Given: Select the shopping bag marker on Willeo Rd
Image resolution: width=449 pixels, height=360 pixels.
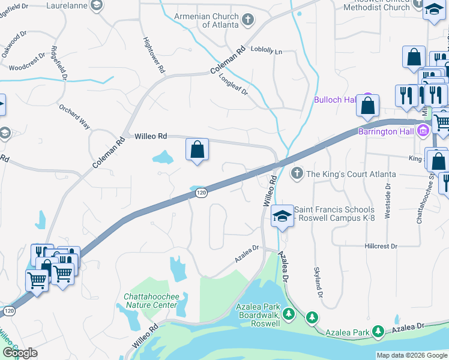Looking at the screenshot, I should pyautogui.click(x=197, y=150).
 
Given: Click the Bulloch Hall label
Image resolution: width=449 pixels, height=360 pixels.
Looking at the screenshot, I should pyautogui.click(x=335, y=100).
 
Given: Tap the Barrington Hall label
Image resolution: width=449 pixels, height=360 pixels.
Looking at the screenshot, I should pyautogui.click(x=387, y=131).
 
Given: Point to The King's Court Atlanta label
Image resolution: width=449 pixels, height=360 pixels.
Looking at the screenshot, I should pyautogui.click(x=351, y=174).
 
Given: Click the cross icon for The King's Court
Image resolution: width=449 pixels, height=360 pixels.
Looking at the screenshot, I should pyautogui.click(x=296, y=174).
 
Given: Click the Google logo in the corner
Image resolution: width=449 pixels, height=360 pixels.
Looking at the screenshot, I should pyautogui.click(x=19, y=352).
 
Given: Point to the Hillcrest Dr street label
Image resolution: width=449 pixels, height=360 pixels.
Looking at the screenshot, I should pyautogui.click(x=381, y=247).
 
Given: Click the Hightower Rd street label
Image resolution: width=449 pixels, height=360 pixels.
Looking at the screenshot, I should pyautogui.click(x=154, y=56).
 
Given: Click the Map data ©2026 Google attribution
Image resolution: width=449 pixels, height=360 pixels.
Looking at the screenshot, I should pyautogui.click(x=411, y=355).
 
